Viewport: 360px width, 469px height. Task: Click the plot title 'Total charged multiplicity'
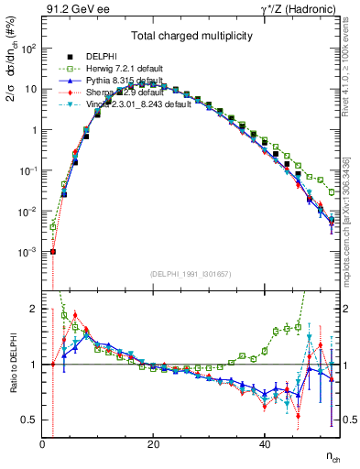191,36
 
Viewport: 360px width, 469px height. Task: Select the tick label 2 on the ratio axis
34,309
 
